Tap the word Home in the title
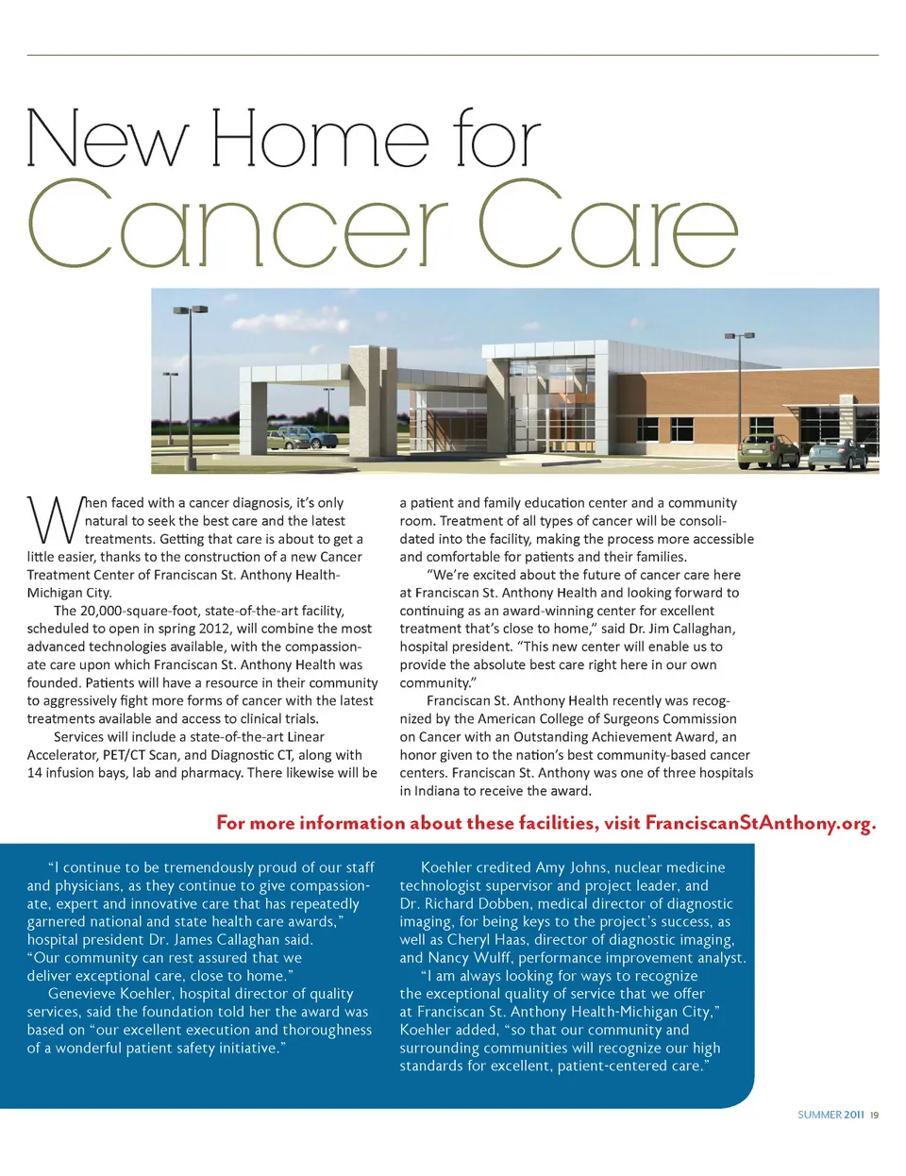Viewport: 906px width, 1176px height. point(320,139)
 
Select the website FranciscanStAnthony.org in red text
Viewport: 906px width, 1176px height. point(760,823)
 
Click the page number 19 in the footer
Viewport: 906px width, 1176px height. point(875,1115)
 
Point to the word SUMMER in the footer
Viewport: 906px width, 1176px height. point(819,1115)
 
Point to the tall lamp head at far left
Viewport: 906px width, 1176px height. point(190,309)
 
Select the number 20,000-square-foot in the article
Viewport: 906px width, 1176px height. point(141,611)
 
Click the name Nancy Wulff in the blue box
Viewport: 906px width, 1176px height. point(469,958)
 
